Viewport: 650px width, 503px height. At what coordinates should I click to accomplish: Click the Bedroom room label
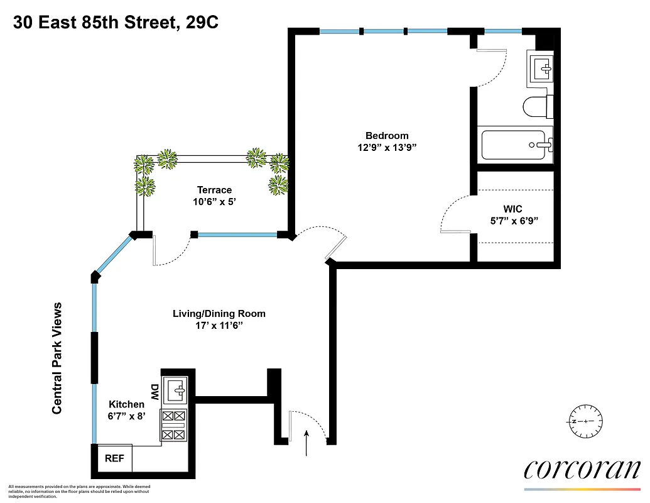(387, 135)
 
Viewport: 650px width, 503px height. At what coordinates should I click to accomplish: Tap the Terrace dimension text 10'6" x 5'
(214, 202)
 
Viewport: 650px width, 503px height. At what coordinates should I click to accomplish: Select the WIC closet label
(512, 209)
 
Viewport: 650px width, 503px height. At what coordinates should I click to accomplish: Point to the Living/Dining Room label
(219, 313)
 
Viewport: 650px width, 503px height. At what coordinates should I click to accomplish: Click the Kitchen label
(126, 404)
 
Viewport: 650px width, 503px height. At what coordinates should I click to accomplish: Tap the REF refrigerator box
(114, 458)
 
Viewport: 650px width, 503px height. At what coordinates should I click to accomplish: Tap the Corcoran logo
(582, 469)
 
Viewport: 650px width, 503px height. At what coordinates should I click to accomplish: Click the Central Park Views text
(57, 358)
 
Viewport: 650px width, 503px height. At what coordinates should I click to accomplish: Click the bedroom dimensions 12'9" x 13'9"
(387, 147)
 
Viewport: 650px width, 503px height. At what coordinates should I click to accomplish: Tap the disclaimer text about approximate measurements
(79, 491)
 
